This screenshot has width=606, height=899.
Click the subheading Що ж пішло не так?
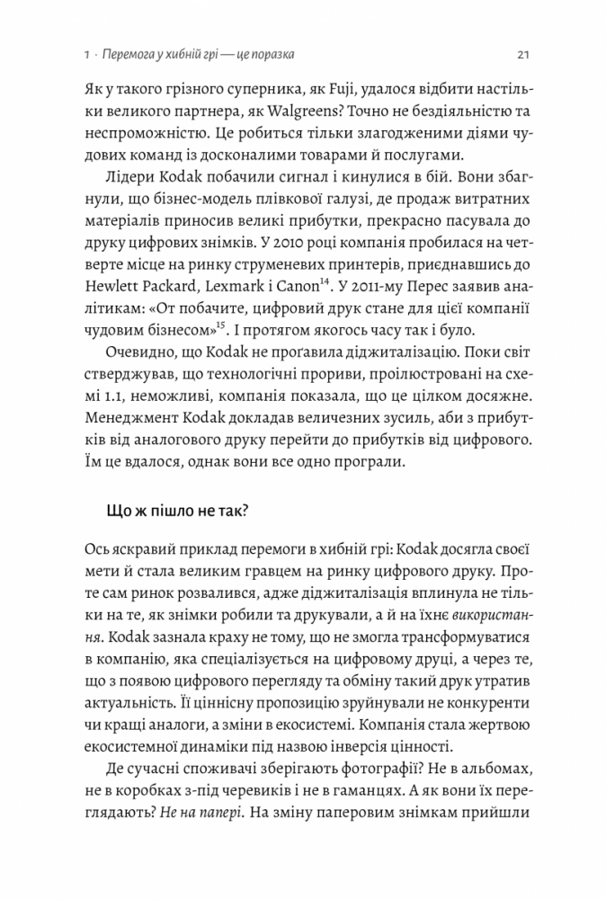(x=165, y=511)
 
